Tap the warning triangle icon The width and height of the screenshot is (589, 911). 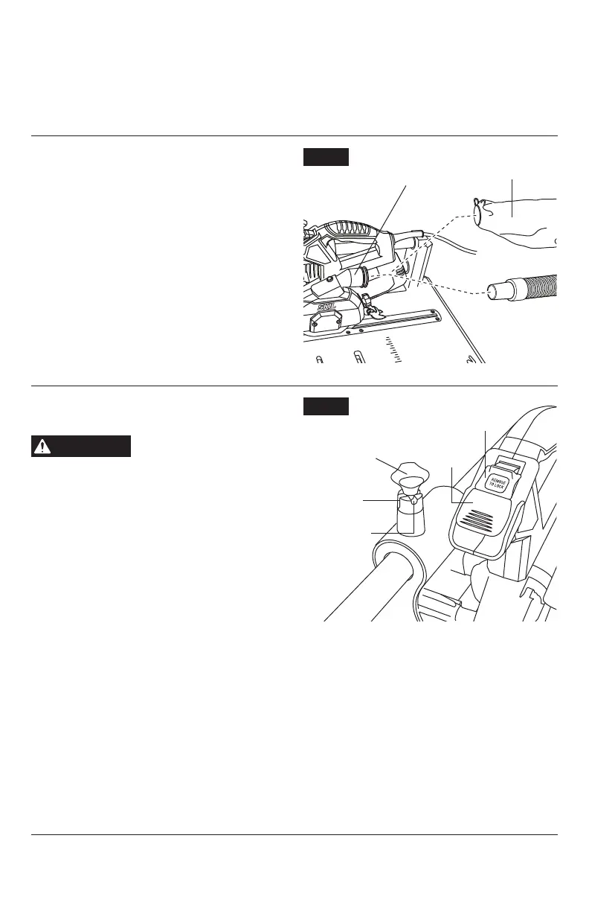[43, 446]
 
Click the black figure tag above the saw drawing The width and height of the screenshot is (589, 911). [326, 158]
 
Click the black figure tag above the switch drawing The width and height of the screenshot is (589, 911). [326, 407]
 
